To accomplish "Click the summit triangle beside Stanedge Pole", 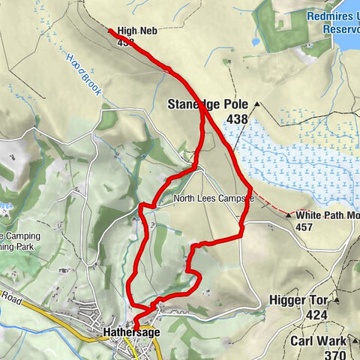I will click(256, 104).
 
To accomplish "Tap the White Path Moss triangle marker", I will click(289, 214).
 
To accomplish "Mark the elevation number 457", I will click(304, 226).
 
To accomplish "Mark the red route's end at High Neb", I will click(110, 31).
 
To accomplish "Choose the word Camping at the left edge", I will click(19, 235).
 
